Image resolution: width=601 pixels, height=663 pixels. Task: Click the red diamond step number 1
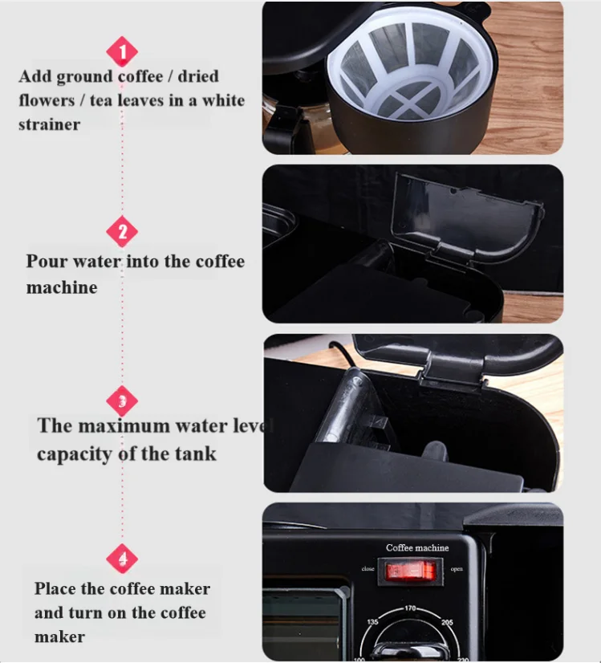pyautogui.click(x=122, y=52)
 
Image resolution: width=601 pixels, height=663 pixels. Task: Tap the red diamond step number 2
pyautogui.click(x=122, y=233)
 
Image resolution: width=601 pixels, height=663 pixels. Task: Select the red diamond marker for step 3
pyautogui.click(x=122, y=401)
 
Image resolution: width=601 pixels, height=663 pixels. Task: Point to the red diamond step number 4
pyautogui.click(x=122, y=558)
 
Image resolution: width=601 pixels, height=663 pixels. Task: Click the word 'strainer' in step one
pyautogui.click(x=50, y=124)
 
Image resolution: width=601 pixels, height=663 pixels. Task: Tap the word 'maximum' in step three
pyautogui.click(x=124, y=425)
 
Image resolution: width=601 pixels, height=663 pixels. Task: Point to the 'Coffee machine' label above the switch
pyautogui.click(x=417, y=548)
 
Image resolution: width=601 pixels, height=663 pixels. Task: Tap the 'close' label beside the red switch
pyautogui.click(x=368, y=568)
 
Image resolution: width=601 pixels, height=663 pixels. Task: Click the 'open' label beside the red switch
pyautogui.click(x=457, y=570)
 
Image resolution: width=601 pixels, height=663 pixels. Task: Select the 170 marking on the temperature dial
pyautogui.click(x=412, y=609)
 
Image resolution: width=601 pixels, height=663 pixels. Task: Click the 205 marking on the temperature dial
pyautogui.click(x=448, y=622)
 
